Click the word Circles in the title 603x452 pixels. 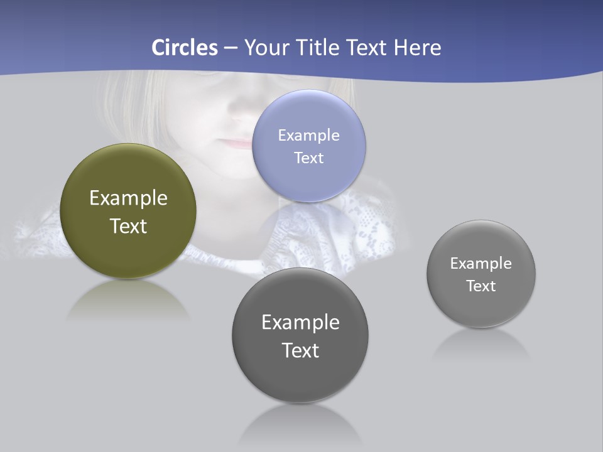(185, 48)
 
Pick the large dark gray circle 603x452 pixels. (300, 377)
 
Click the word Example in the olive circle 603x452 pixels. (128, 198)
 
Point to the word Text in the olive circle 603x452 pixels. (128, 226)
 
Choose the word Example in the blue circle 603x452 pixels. (308, 136)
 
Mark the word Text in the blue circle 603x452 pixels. (308, 158)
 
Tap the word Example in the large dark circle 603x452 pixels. (300, 323)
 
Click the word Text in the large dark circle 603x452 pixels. (300, 350)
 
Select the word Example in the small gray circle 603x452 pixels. (481, 264)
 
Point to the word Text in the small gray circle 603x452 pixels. (481, 286)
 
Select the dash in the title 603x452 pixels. (231, 48)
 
